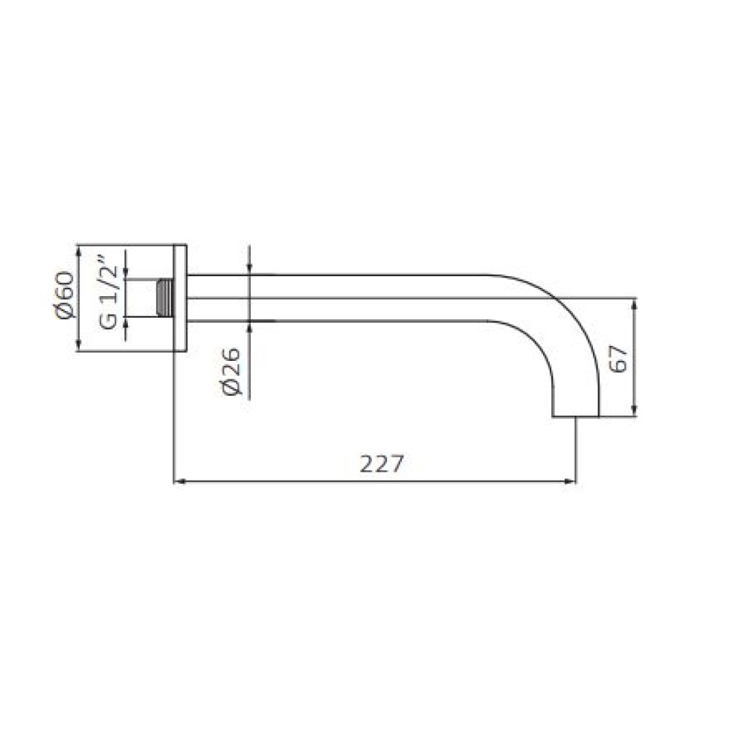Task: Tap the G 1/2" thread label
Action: coord(108,292)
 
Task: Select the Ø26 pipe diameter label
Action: coord(232,371)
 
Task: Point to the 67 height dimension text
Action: coord(618,359)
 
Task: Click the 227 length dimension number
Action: coord(381,464)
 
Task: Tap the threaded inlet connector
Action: coord(164,298)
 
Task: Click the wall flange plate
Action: coord(180,298)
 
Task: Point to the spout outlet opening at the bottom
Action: coord(576,417)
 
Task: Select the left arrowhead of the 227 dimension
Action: coord(179,481)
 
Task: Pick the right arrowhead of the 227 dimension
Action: coord(570,481)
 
